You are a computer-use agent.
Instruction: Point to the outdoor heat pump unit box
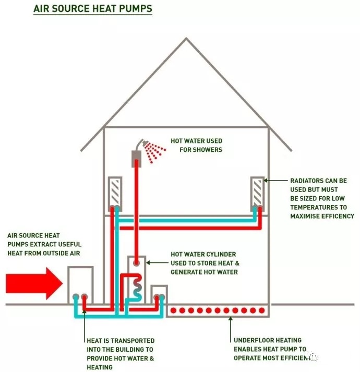coord(80,284)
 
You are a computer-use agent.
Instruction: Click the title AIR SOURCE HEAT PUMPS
coord(92,9)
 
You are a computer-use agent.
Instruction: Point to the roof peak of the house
coord(186,39)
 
